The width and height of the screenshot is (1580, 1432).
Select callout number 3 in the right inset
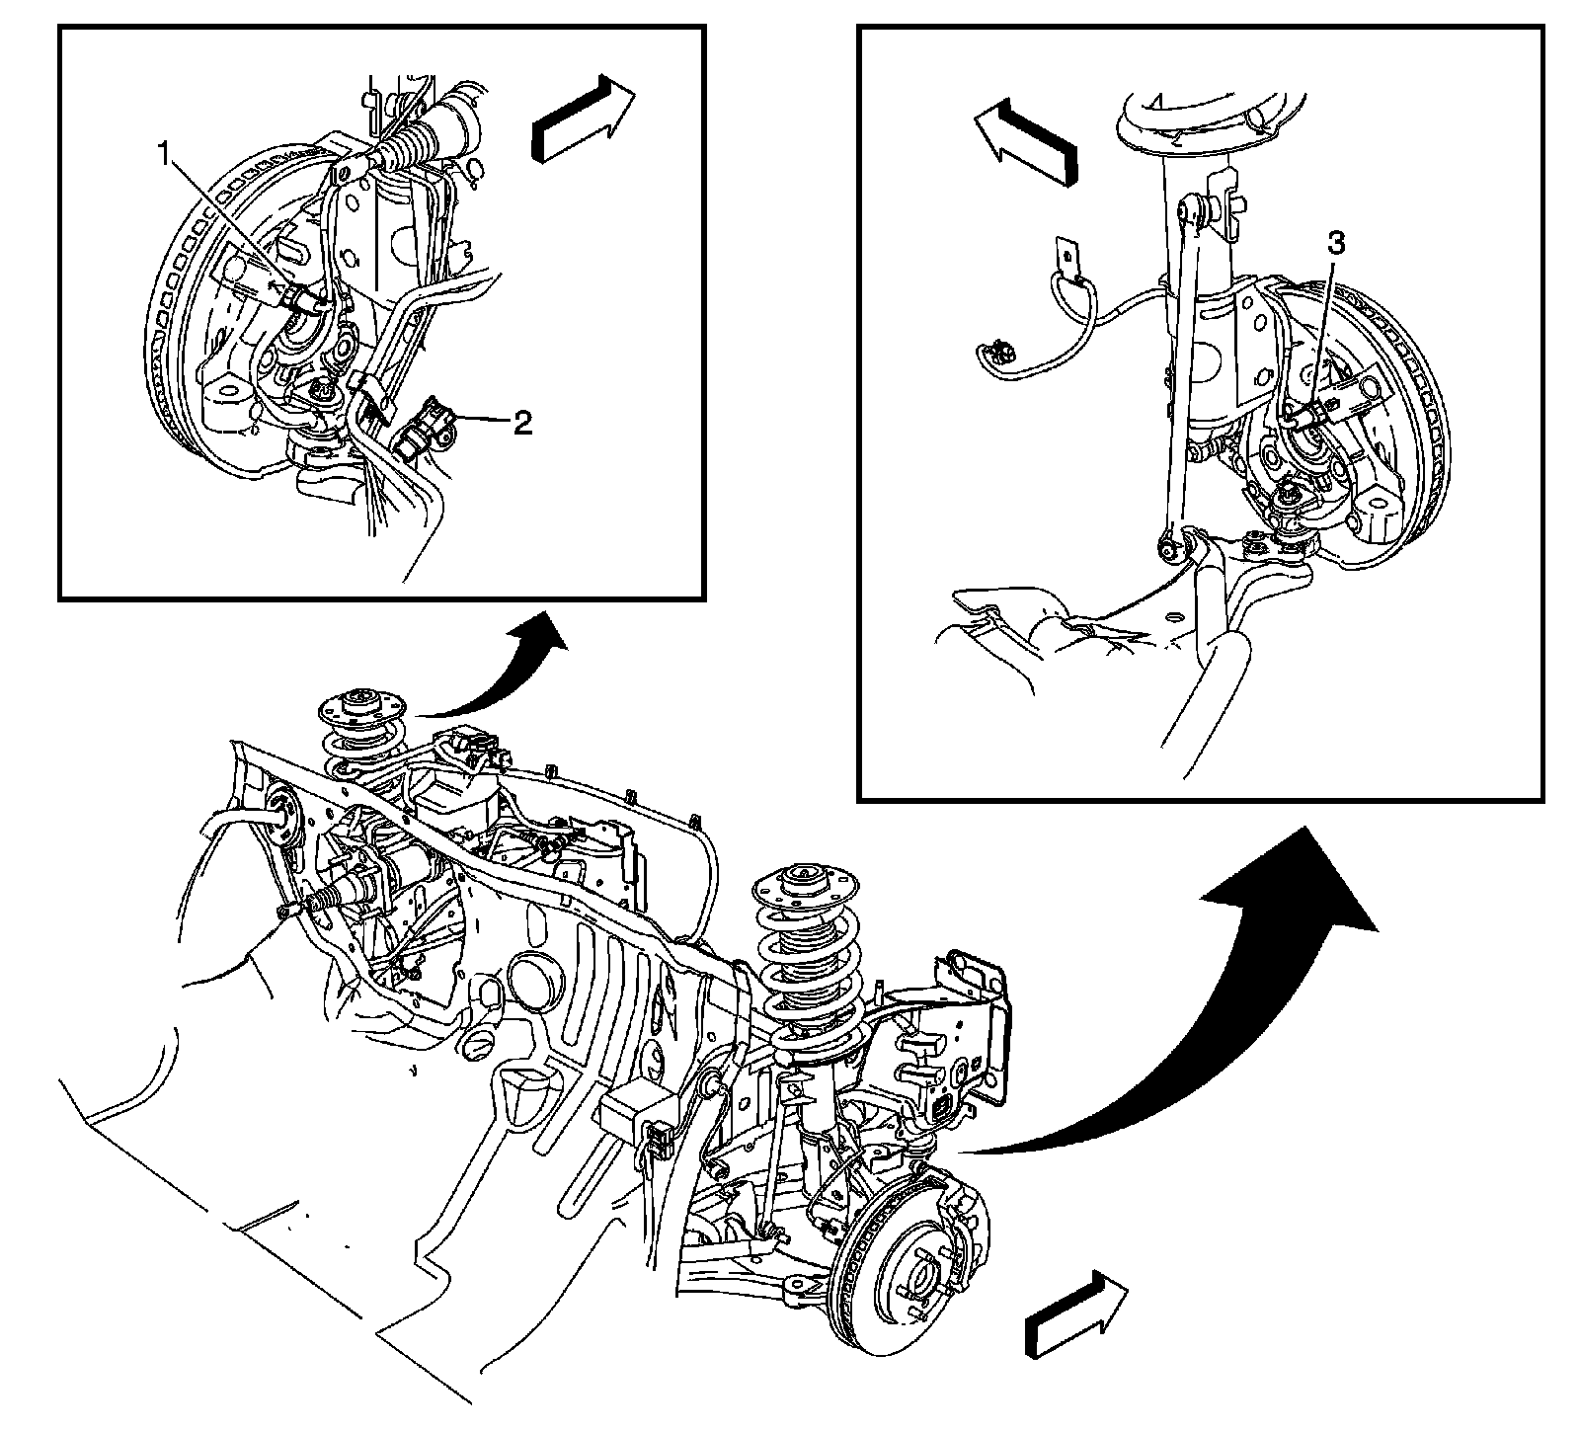(x=1335, y=244)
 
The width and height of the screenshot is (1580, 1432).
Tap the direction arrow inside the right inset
(x=1024, y=139)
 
